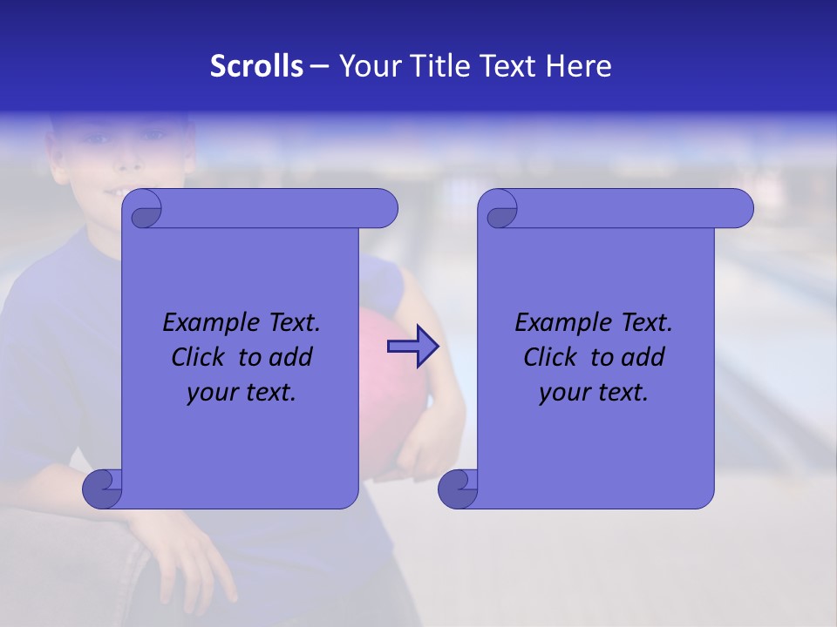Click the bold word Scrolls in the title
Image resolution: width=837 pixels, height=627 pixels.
tap(257, 66)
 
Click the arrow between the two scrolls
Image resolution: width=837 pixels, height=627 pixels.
tap(412, 347)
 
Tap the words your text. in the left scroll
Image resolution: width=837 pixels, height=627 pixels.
tap(242, 393)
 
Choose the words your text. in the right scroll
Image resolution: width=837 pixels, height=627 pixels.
tap(594, 393)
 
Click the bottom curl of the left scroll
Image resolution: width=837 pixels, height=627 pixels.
tap(103, 489)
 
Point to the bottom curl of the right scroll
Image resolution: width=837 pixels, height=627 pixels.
tap(458, 489)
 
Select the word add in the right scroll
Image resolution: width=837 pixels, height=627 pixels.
tap(643, 357)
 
